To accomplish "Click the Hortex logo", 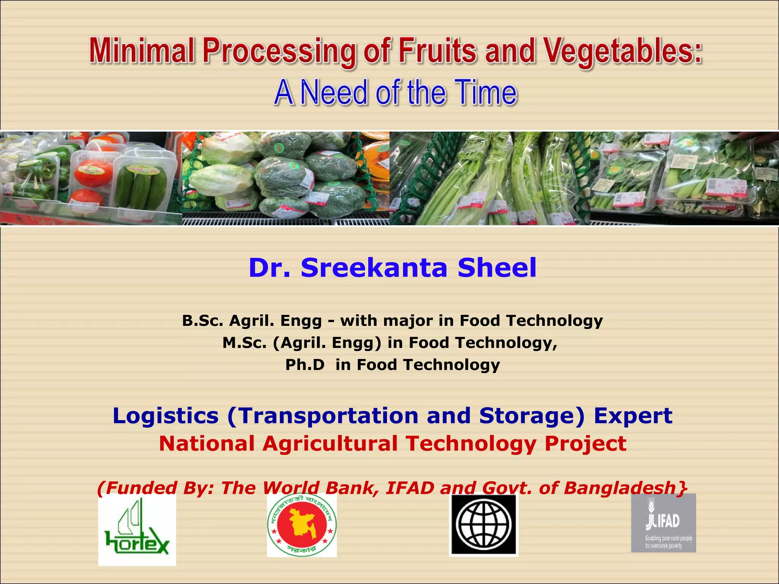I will pos(137,530).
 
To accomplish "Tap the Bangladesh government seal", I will pos(302,525).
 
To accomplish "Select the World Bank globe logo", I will pos(483,525).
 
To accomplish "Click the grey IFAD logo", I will pos(663,523).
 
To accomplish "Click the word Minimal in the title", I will pos(142,51).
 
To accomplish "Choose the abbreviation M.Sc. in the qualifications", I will pos(244,343).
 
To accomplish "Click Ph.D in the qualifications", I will pos(305,365).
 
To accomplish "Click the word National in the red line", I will pos(207,443).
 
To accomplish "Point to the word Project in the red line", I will pos(585,443).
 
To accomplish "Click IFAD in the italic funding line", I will pos(410,488).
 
